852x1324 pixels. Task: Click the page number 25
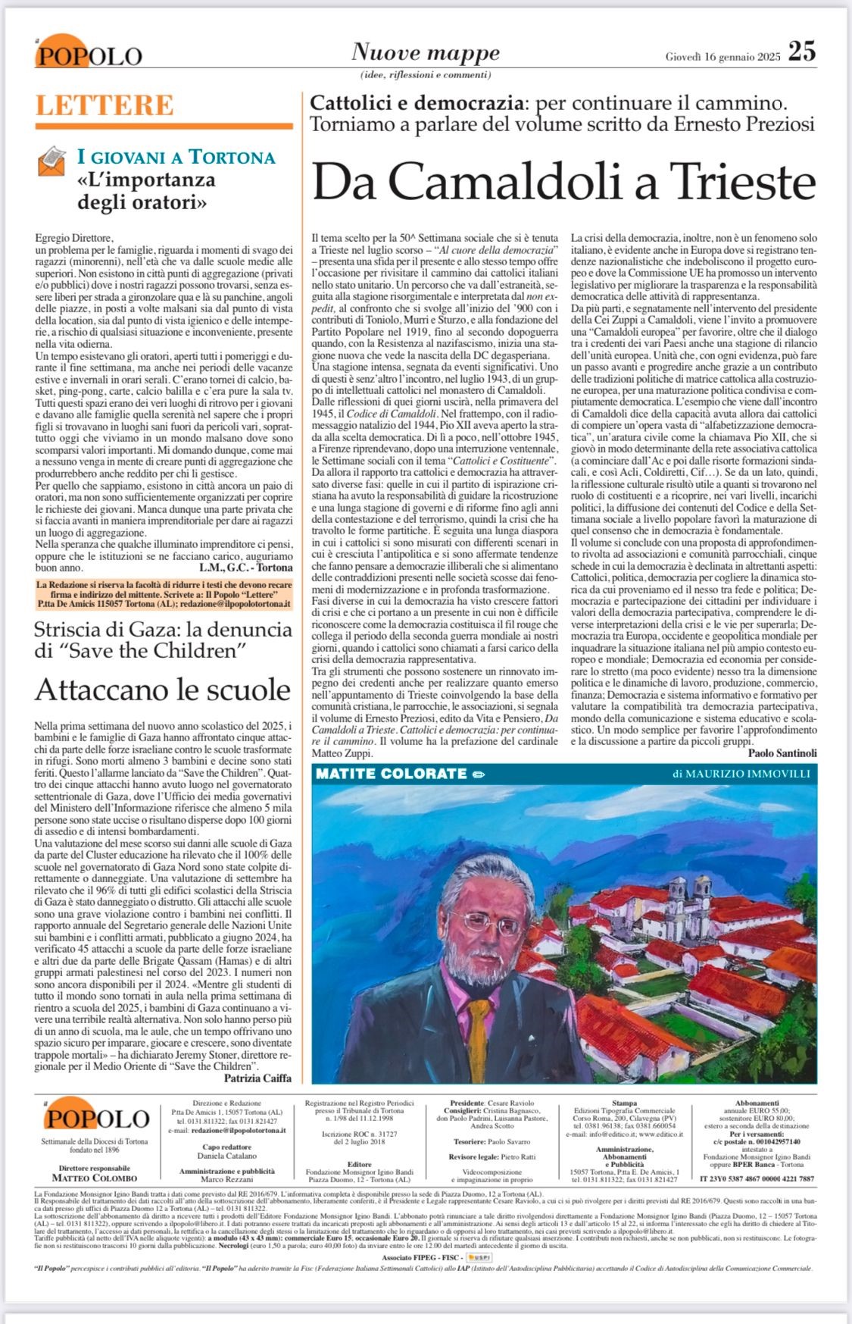coord(801,52)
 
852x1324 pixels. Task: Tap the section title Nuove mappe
coord(426,52)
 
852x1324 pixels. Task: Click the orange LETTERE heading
coord(105,105)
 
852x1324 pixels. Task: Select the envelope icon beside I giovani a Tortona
coord(53,161)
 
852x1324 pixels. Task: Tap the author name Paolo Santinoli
coord(782,753)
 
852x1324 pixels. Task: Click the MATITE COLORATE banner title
coord(391,774)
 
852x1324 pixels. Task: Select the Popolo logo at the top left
coord(88,54)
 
